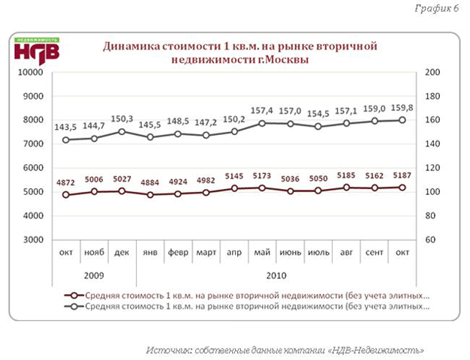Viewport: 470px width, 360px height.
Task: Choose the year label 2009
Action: point(94,275)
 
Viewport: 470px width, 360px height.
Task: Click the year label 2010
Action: point(276,275)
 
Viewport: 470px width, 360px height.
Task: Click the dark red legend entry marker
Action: point(73,295)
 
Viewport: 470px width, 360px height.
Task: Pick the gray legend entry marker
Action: point(73,307)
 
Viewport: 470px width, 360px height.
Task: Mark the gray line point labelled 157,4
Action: point(262,122)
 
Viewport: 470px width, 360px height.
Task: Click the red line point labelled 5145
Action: point(234,188)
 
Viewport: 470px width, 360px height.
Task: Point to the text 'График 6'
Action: point(436,8)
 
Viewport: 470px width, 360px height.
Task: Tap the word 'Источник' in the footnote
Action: point(169,349)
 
